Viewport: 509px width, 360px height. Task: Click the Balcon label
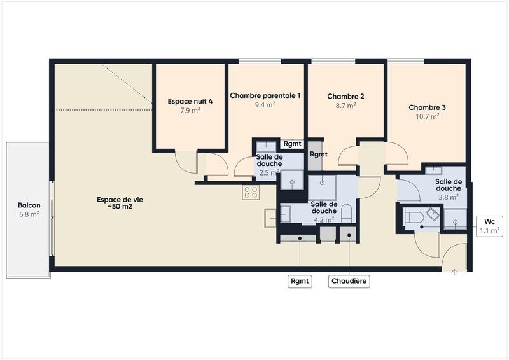[29, 205]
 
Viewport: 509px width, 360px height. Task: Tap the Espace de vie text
[120, 199]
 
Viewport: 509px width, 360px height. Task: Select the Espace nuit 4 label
[189, 101]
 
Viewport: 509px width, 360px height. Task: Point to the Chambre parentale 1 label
[265, 95]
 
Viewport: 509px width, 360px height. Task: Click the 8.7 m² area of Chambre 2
[345, 106]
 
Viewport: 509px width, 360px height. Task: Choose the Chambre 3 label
[427, 107]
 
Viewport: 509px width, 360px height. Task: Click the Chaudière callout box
[349, 280]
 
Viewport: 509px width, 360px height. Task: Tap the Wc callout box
[489, 226]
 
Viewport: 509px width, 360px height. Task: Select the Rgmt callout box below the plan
[300, 280]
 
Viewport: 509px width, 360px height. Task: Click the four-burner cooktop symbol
[251, 192]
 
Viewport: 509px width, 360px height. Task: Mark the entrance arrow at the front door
[454, 272]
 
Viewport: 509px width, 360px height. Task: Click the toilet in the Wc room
[415, 218]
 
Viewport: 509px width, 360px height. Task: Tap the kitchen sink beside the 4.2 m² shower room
[270, 218]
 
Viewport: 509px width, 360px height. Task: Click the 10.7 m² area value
[427, 116]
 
